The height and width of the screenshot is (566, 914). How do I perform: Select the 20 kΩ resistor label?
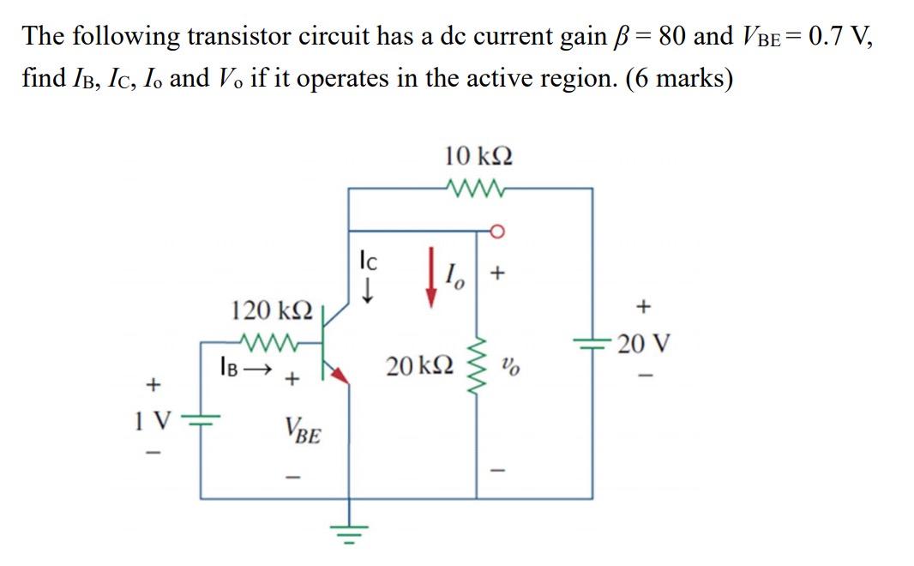(419, 367)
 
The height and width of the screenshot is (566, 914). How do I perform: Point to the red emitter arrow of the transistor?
(339, 373)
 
